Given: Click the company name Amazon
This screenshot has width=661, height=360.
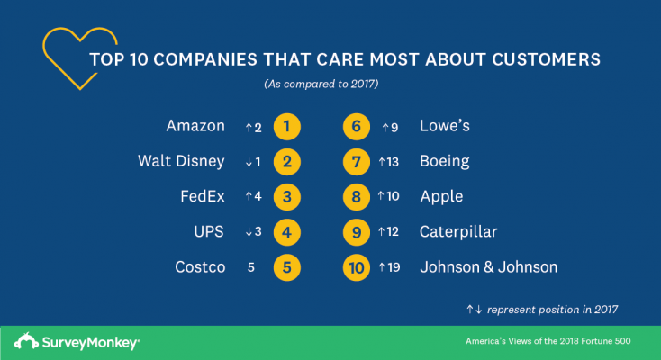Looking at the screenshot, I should pos(195,127).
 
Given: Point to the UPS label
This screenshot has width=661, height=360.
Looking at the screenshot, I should pos(208,232).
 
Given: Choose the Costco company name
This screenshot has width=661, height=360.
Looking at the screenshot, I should pos(200,267).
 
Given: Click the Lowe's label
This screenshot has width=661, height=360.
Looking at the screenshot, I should pos(444,127).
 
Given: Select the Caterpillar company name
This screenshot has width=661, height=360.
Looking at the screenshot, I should pos(458,232).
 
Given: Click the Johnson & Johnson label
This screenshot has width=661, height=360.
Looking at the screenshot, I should pos(488,267).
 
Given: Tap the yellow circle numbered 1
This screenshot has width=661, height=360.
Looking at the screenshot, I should pos(285,127).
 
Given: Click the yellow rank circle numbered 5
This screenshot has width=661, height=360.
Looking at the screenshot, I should pos(285,267).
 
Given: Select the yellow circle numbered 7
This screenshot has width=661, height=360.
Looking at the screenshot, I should pos(358,162).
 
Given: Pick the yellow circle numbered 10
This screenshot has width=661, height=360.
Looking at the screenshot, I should pos(358,267).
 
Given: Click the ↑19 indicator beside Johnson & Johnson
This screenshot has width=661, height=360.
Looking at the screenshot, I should pos(389,267).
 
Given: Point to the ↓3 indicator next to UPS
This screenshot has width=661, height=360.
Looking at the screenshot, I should pos(253,232).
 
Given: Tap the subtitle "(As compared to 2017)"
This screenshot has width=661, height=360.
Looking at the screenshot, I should pos(321,85).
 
